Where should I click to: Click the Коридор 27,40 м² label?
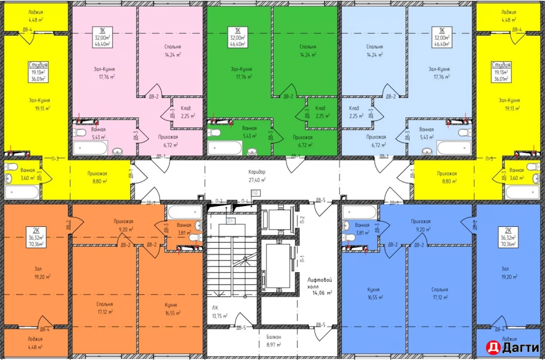coord(257,176)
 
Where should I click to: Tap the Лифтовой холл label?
coord(320,285)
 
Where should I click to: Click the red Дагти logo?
coord(510,347)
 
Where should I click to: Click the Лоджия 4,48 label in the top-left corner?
coord(35,15)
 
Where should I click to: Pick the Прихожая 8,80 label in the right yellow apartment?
coord(447,177)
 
